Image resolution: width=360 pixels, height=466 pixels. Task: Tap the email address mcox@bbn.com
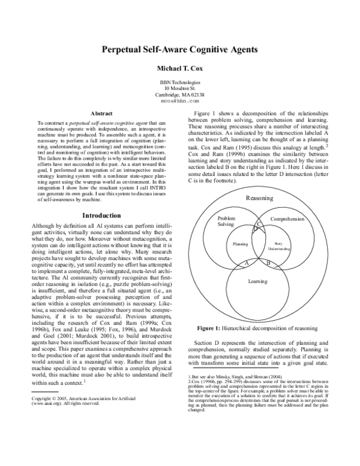click(180, 101)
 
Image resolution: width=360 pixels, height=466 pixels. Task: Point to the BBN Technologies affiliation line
click(180, 82)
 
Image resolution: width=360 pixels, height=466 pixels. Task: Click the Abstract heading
click(101, 113)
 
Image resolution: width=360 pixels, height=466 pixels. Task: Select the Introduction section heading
click(101, 216)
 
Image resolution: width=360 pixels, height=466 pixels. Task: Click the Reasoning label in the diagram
click(260, 198)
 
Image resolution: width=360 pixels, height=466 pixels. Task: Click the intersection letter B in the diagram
click(268, 264)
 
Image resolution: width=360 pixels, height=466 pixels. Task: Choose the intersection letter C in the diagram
click(259, 223)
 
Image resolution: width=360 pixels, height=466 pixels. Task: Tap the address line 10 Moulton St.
click(180, 88)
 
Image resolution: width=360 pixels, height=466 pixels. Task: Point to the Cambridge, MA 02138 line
click(180, 95)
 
